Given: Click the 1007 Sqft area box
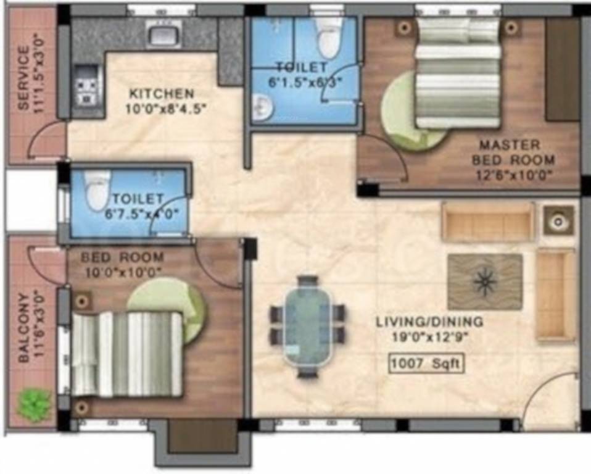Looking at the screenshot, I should click(x=426, y=364).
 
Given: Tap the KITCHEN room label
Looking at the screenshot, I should click(x=161, y=94).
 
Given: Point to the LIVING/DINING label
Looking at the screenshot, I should click(x=430, y=322).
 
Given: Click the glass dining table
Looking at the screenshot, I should click(x=307, y=325).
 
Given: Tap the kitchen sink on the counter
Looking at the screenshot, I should click(x=164, y=33).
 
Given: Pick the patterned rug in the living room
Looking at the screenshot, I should click(x=485, y=281).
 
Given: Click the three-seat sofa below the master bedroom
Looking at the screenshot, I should click(x=488, y=222).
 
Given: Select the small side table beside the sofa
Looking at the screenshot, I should click(x=558, y=220).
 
